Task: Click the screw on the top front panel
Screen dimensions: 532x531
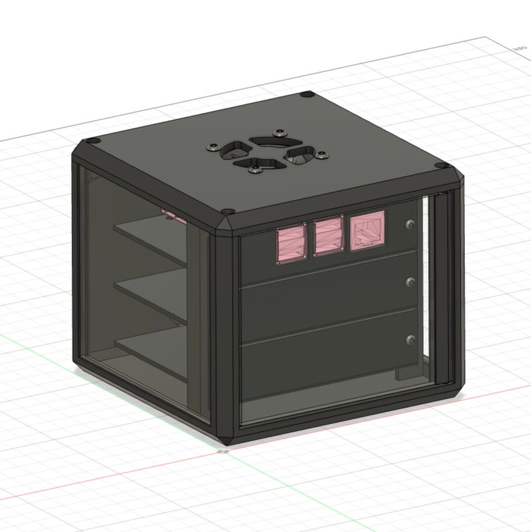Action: tap(410, 225)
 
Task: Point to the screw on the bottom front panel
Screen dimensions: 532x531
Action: tap(410, 340)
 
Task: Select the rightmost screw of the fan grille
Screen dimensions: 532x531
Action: tap(322, 157)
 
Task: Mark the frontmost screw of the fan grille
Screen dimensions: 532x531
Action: tap(255, 172)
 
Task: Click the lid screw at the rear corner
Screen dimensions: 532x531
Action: tap(307, 96)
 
